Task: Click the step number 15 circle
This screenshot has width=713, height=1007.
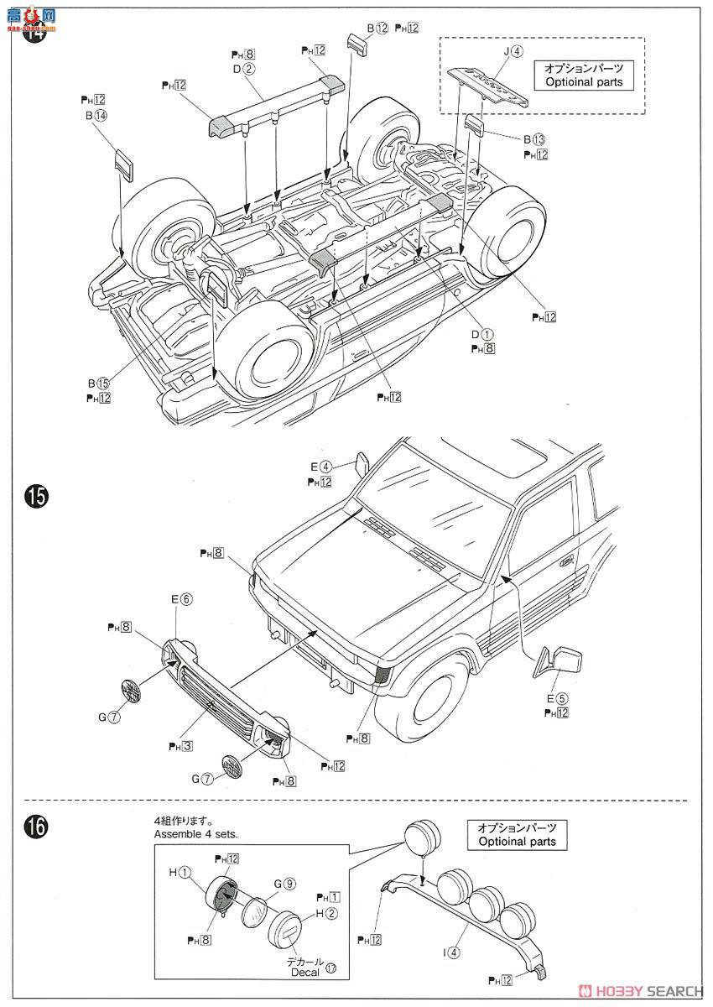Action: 36,497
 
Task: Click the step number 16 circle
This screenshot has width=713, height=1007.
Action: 36,827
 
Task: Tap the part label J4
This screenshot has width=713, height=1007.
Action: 513,51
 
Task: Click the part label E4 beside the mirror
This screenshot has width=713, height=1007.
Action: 321,467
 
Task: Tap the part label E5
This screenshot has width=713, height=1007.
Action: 557,697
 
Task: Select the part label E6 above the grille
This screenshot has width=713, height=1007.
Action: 181,599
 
